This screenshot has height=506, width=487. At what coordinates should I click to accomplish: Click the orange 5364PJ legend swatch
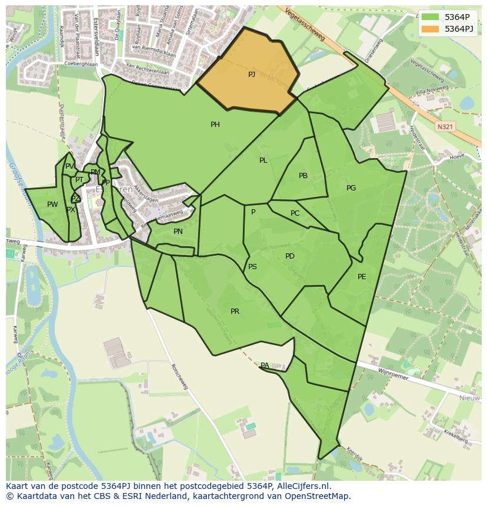tap(429, 28)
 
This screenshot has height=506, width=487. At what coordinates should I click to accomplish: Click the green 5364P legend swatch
tap(429, 16)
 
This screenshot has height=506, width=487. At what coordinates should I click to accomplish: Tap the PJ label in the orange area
tap(252, 74)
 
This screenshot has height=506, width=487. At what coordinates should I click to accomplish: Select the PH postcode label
tap(215, 124)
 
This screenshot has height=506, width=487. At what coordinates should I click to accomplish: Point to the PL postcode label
tap(263, 160)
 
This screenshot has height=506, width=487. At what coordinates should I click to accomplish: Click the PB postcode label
tap(303, 176)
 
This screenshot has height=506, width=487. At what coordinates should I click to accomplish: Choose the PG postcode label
tap(351, 188)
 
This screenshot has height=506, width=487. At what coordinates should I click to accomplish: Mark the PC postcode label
tap(295, 213)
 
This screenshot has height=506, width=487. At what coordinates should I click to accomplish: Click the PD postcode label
tap(289, 256)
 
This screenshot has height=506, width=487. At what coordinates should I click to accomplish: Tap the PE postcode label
tap(362, 276)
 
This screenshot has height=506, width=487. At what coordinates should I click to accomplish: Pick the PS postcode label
tap(252, 267)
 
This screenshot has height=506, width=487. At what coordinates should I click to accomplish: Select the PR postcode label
tap(235, 311)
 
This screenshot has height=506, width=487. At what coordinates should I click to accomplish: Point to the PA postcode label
tap(265, 366)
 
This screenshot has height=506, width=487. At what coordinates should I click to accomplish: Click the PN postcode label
tap(178, 232)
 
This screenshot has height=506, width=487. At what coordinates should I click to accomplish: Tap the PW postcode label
tap(52, 205)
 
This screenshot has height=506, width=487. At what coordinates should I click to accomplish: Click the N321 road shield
tap(445, 126)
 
